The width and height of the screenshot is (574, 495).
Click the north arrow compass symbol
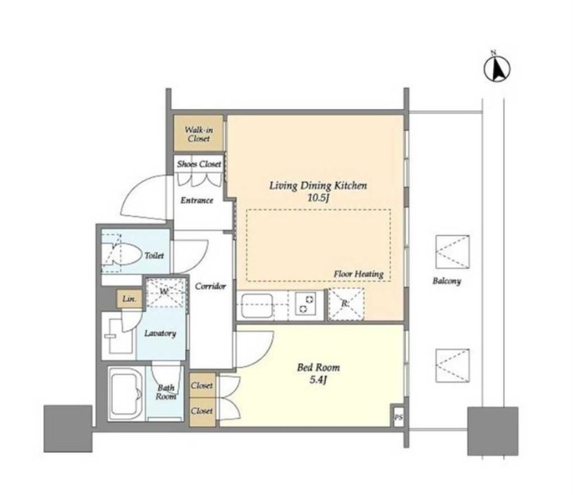coord(497,69)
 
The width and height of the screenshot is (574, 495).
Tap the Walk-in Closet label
coord(199,134)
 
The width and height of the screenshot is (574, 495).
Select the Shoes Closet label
coord(199,164)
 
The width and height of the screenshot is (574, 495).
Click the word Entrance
coord(197,200)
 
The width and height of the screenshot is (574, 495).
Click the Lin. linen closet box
coord(129,298)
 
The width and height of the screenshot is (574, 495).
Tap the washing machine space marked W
coord(165,292)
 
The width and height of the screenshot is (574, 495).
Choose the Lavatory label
coord(160,333)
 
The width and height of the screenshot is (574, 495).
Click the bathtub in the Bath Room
coord(126,393)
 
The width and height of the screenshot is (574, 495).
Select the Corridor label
coord(210,286)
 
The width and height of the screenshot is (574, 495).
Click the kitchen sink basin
coord(257,306)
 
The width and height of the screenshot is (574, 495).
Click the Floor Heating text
coord(358,274)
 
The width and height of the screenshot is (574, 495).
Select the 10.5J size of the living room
coord(318,198)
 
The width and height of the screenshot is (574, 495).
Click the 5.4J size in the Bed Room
coord(318,380)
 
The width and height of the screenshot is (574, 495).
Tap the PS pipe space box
coord(398,417)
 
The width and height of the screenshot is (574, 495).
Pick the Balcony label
coord(446,281)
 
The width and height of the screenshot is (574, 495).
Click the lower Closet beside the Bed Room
coord(202,412)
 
